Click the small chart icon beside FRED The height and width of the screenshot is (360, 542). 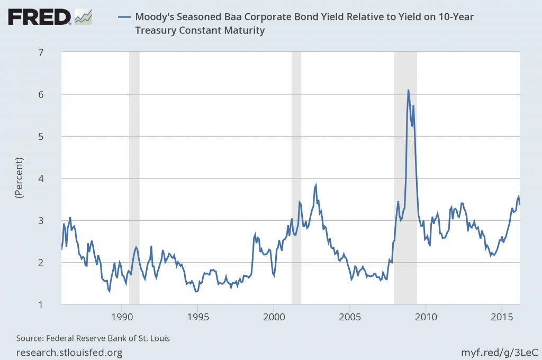pyautogui.click(x=83, y=17)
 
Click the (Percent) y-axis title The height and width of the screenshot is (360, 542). pyautogui.click(x=19, y=178)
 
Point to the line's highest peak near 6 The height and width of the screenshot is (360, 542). pyautogui.click(x=408, y=91)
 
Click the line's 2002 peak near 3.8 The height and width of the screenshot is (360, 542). pyautogui.click(x=316, y=185)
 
